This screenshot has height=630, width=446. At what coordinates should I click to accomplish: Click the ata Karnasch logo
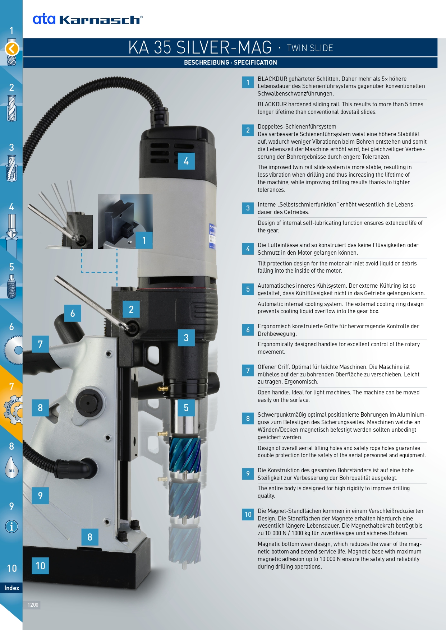pos(88,19)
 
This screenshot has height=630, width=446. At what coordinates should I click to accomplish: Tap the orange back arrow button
pos(12,48)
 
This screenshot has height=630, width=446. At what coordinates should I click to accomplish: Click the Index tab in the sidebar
pos(12,588)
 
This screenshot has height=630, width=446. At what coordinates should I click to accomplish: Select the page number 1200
pos(33,605)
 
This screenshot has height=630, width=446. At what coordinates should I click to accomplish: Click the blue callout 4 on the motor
pos(186,161)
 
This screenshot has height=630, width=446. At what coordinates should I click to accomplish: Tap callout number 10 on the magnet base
pos(40,566)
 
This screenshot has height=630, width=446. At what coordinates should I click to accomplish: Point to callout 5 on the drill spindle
pos(186,408)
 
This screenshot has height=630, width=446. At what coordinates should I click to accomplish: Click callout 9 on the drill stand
pos(40,496)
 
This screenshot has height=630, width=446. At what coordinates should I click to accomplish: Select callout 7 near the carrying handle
pos(40,344)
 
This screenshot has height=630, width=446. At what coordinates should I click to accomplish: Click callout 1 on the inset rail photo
pos(144,240)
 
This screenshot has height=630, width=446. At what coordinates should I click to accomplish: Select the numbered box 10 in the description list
pos(248,514)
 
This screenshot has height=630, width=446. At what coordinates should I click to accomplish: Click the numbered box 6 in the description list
pos(248,330)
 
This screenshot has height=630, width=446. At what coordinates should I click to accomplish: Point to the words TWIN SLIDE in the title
pos(310,48)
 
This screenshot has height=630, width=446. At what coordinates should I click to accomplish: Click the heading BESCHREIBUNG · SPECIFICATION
pos(230,62)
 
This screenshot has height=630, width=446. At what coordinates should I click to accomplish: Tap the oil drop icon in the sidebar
pos(12,467)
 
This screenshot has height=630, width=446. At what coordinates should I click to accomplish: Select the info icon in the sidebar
pos(12,527)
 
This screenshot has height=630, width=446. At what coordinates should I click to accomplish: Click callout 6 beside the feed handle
pos(73,313)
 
